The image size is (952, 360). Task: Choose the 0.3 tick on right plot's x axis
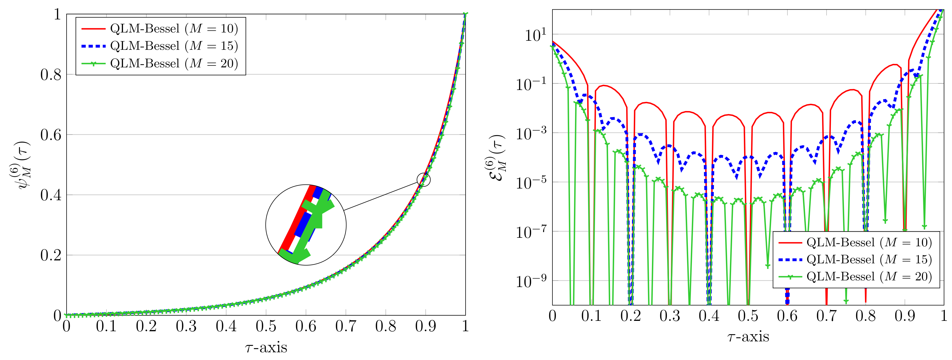(x=670, y=316)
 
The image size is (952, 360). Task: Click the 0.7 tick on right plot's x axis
(x=826, y=316)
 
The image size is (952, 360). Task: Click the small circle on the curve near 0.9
(x=424, y=180)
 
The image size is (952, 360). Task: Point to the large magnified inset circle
(x=306, y=225)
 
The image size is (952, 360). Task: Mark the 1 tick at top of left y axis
(x=57, y=15)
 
